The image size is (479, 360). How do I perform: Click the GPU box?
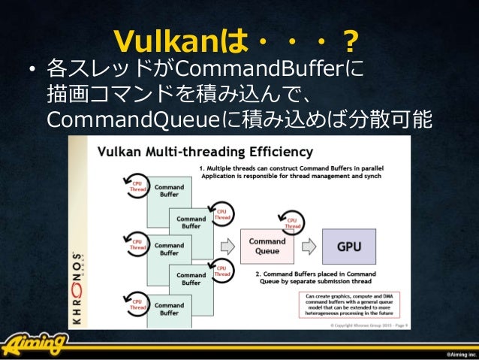[x=348, y=246]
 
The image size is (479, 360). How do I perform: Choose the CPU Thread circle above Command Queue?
[x=293, y=221]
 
